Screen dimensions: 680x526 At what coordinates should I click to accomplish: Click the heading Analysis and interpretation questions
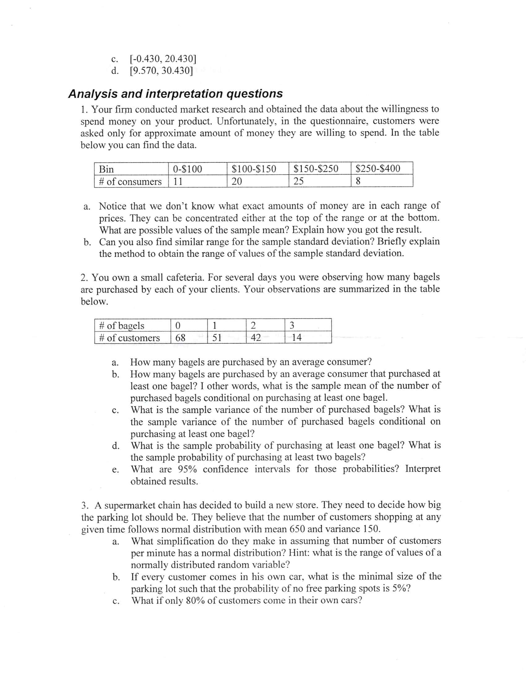175,93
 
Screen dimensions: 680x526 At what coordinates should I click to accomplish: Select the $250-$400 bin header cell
382,168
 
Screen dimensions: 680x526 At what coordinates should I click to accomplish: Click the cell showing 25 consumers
319,181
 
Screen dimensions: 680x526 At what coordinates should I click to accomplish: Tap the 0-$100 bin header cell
197,169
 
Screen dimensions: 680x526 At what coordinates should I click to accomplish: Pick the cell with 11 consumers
197,181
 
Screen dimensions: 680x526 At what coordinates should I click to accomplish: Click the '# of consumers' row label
131,181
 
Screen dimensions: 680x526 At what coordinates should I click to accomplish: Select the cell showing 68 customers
189,338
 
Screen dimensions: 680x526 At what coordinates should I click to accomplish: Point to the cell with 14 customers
308,338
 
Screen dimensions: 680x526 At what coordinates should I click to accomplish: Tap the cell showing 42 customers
265,338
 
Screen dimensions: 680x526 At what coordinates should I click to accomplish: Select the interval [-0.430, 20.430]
163,58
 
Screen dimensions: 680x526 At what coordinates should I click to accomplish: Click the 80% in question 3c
195,600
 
